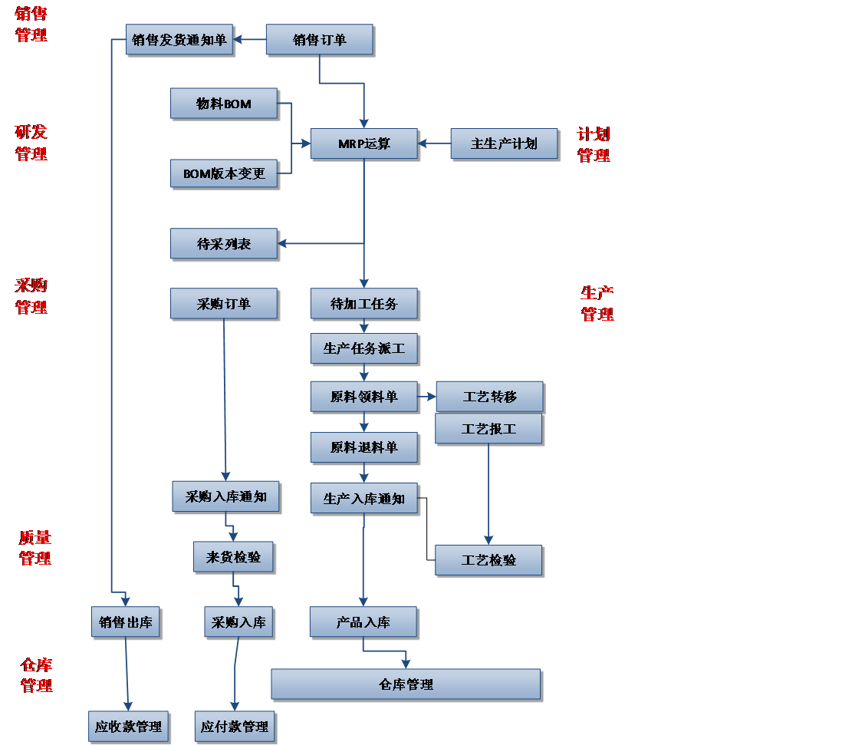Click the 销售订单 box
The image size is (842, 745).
319,40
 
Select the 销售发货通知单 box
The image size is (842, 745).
179,40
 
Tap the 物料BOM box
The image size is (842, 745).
223,104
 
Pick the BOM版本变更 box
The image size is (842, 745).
223,173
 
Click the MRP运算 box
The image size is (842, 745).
363,143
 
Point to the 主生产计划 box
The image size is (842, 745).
504,143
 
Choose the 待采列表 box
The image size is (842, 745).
223,244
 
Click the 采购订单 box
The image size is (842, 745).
223,304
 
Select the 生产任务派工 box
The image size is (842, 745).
363,348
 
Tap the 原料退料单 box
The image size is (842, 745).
363,447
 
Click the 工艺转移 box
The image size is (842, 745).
489,397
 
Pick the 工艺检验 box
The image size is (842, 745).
488,560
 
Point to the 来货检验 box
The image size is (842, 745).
233,557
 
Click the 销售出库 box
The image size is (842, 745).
126,622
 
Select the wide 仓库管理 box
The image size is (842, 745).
406,684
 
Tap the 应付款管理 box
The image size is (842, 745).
234,726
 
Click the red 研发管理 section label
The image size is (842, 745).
31,143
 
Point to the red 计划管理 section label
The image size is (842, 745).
594,144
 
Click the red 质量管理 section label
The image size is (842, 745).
35,548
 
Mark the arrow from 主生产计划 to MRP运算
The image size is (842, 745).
435,143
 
